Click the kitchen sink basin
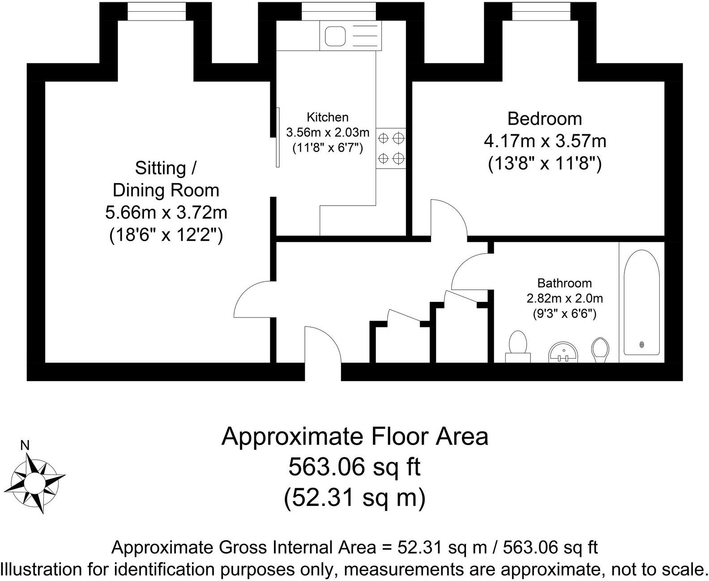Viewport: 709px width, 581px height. [x=335, y=36]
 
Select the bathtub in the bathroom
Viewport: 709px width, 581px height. [x=641, y=302]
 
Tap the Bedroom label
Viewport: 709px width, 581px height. [x=544, y=119]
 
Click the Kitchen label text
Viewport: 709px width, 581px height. [x=327, y=117]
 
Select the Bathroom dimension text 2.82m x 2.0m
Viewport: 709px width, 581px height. [x=564, y=298]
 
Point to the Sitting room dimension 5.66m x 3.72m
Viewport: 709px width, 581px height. [x=166, y=212]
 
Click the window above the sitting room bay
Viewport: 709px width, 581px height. [x=156, y=12]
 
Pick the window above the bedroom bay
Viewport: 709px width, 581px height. [x=541, y=12]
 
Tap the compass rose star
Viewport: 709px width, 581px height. [x=34, y=483]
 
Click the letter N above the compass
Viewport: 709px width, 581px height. [x=25, y=445]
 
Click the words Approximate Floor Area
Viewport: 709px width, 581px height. [x=354, y=436]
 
